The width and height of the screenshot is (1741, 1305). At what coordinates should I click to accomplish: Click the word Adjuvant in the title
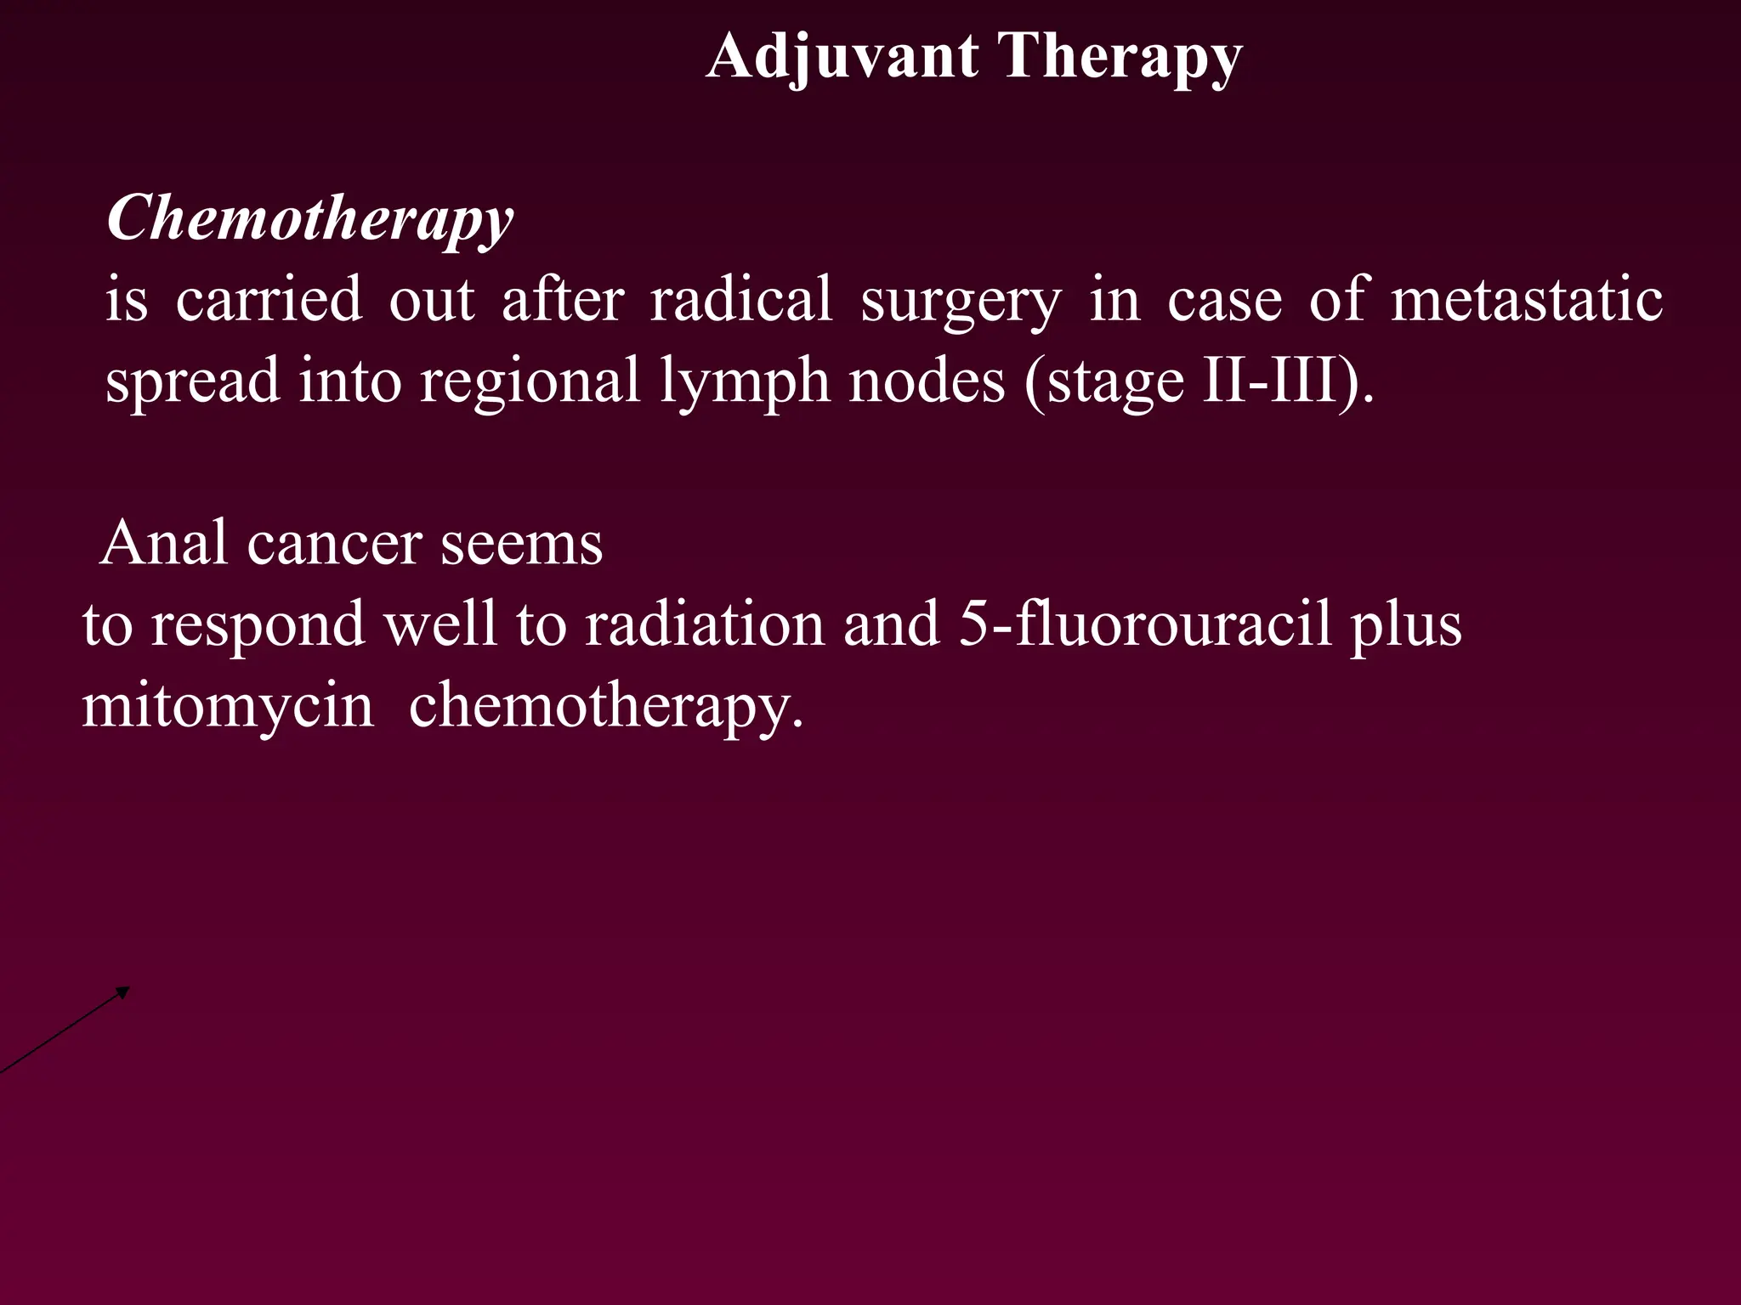pos(842,58)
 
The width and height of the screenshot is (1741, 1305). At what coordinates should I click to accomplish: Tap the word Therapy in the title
pos(1120,58)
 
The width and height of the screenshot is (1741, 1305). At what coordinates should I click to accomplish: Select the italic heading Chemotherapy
pos(310,218)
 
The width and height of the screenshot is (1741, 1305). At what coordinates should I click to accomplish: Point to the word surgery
pos(961,302)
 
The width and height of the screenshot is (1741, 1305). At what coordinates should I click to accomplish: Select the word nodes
pos(927,381)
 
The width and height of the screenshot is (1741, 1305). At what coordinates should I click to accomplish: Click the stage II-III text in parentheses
pos(1199,381)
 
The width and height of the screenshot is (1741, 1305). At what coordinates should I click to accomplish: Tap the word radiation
pos(705,624)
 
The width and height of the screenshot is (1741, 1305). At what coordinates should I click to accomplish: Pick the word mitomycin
pos(228,706)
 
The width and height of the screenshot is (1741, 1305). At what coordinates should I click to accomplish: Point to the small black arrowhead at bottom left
pos(123,991)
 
